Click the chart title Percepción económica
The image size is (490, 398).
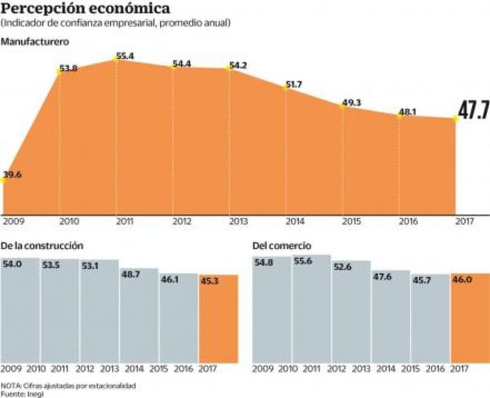click(x=87, y=9)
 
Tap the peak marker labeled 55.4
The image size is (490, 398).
click(x=115, y=58)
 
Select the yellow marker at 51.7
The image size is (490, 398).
click(x=286, y=89)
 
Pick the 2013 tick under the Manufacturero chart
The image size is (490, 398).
click(x=239, y=221)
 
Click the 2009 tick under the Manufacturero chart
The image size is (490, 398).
click(x=13, y=221)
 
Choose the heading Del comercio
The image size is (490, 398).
click(x=282, y=246)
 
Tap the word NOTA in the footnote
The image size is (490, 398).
click(x=11, y=385)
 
